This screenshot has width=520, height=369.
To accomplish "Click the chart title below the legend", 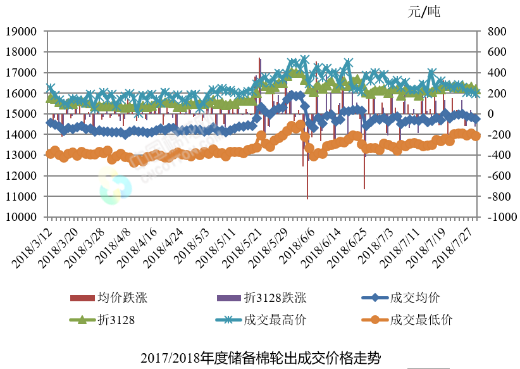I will coord(261,358).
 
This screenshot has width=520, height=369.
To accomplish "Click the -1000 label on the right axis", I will coord(499,217).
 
